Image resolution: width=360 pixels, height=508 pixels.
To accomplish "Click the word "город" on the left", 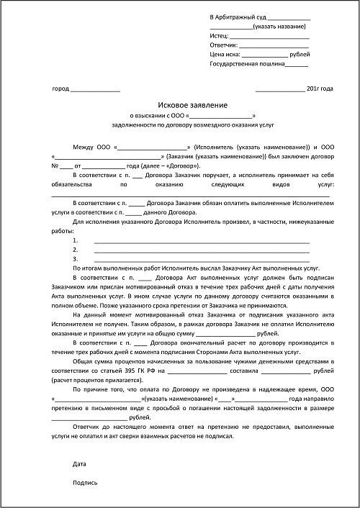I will pos(61,89).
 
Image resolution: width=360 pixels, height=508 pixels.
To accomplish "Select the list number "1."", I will pos(76,240).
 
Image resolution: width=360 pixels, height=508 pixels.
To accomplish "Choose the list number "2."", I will pos(76,250).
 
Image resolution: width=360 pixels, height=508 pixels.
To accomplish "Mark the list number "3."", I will pos(76,258).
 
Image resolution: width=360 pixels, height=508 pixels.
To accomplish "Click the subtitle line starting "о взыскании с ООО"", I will pos(192,115).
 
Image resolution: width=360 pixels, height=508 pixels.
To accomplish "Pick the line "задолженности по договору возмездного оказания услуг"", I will pos(192,124).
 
